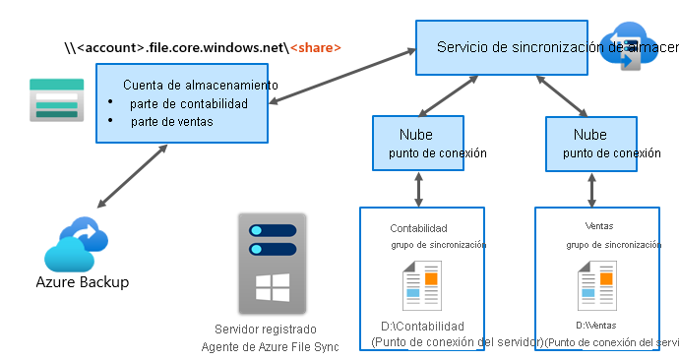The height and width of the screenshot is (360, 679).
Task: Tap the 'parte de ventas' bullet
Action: [x=171, y=121]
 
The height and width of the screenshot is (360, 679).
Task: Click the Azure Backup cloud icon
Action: [x=76, y=245]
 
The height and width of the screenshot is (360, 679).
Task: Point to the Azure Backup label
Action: [x=82, y=282]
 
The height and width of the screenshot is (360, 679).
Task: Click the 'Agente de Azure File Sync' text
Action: [x=270, y=346]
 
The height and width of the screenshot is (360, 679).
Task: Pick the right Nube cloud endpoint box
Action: [x=601, y=142]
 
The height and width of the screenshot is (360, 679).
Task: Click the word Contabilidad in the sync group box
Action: [x=418, y=227]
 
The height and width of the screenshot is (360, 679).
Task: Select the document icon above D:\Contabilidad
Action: [x=422, y=285]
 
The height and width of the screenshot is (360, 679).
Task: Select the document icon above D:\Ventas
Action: [x=597, y=285]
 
